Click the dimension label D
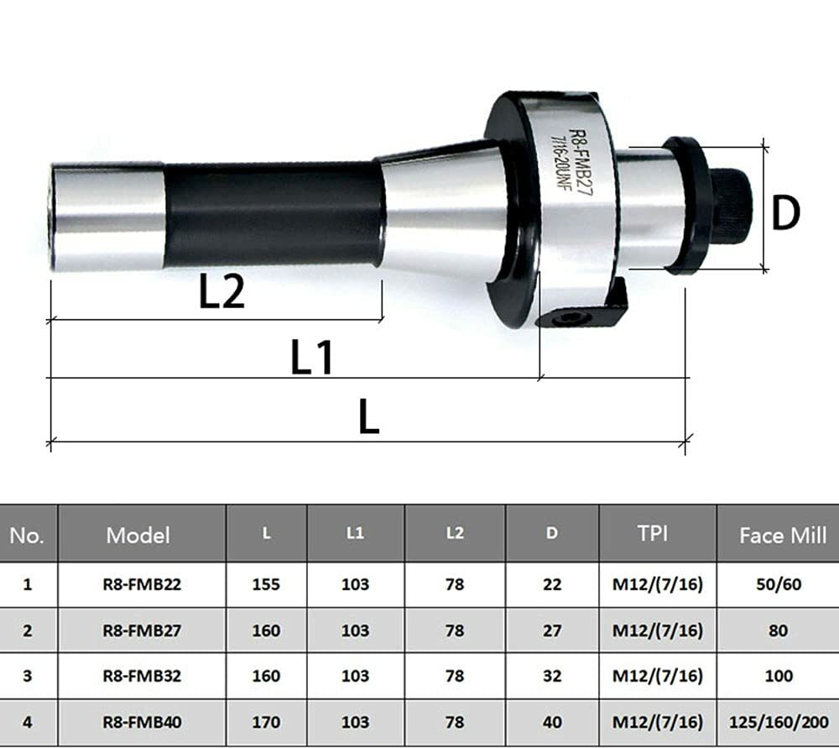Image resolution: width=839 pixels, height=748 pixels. point(786,214)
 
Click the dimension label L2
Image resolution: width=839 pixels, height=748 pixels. point(221,293)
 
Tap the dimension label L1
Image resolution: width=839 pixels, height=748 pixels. point(312,358)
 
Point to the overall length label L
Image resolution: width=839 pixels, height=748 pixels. point(368,416)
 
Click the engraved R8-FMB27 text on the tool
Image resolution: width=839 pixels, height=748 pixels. point(579,160)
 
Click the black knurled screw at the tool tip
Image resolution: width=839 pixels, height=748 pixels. point(730,206)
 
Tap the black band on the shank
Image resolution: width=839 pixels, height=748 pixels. point(273,215)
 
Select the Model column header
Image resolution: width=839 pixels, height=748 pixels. point(138,535)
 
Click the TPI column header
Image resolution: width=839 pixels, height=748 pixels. point(652,534)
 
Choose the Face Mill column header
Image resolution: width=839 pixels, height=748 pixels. point(782,535)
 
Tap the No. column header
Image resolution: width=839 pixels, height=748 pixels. point(27,535)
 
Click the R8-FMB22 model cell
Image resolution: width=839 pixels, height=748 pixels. point(141,584)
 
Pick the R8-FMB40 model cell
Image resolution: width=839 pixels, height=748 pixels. point(141,722)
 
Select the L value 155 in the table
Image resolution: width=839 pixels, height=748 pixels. point(266,584)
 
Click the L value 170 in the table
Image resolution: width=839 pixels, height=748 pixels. point(266,722)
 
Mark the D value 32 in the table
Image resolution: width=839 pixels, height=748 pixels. point(551,676)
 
